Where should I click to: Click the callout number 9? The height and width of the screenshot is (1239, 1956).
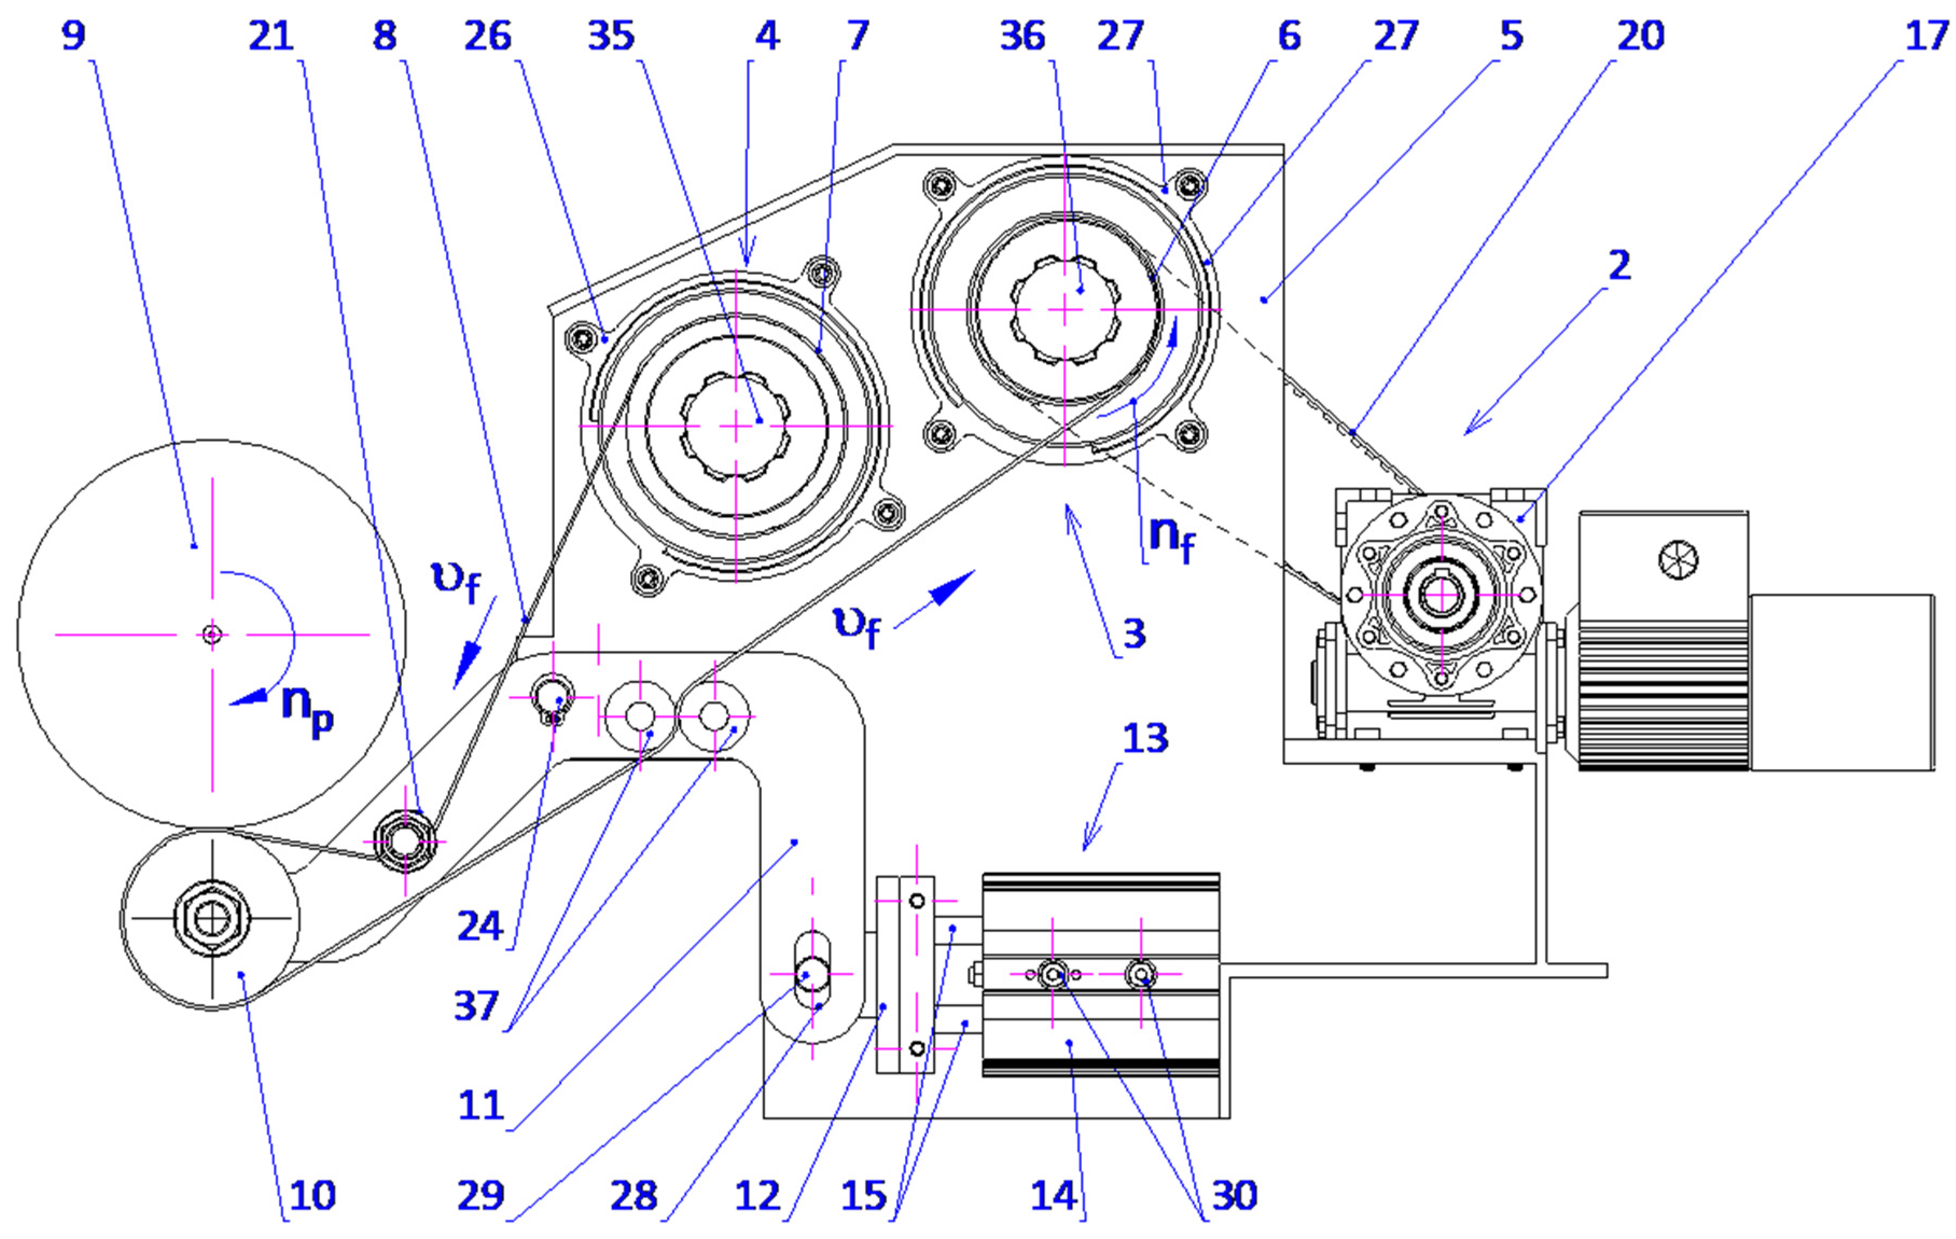(73, 36)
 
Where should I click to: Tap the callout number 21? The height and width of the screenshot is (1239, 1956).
(270, 36)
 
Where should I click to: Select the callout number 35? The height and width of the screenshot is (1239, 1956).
(611, 36)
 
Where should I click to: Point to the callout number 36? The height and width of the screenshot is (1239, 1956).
(1022, 36)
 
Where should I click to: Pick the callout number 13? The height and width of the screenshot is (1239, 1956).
(1145, 737)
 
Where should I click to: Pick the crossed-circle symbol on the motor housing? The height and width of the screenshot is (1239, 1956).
(1678, 560)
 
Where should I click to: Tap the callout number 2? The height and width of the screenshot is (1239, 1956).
(1619, 266)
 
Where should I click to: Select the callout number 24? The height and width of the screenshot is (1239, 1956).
(479, 926)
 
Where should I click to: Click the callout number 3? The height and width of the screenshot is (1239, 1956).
(1134, 633)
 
